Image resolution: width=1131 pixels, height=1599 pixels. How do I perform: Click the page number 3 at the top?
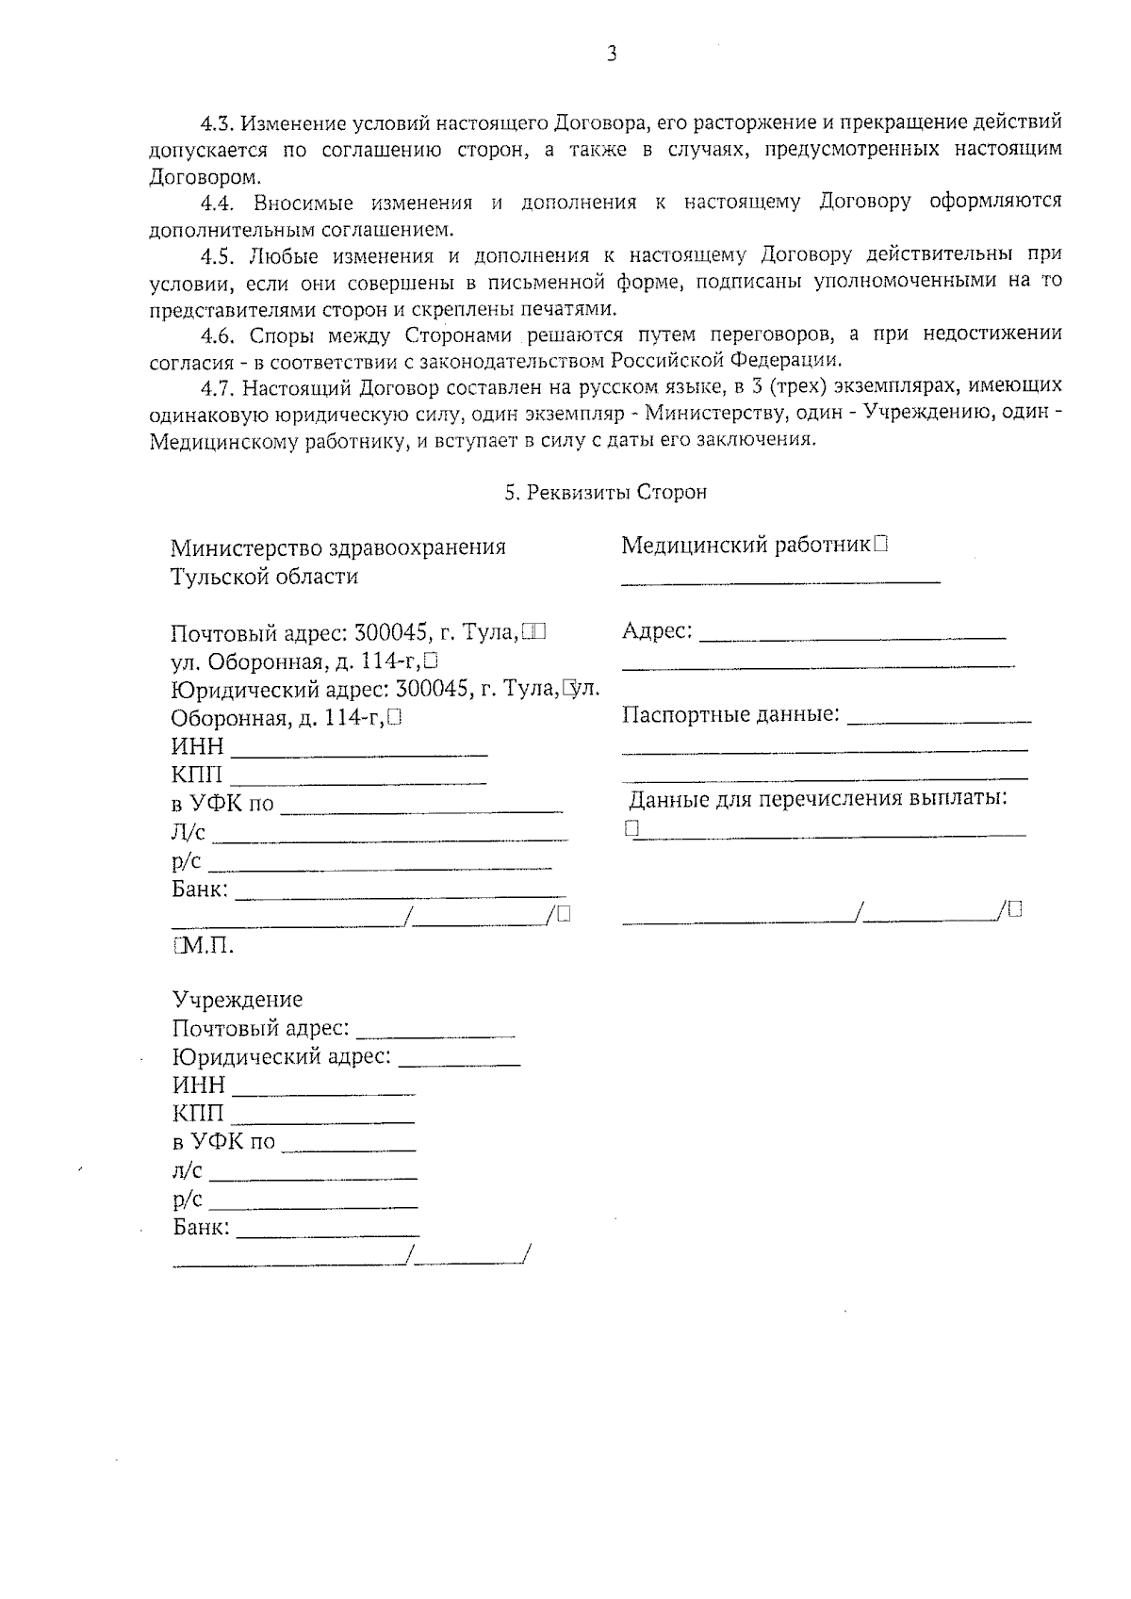(x=612, y=55)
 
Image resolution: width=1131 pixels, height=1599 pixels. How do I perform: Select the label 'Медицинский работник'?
(x=746, y=546)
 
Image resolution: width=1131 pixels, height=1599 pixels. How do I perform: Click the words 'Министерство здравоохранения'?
(x=338, y=547)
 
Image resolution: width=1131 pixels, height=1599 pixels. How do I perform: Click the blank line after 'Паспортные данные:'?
(x=939, y=720)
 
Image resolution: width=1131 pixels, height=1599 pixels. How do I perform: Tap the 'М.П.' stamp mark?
(x=205, y=946)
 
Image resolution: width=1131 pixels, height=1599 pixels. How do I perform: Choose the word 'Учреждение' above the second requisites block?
(x=238, y=1000)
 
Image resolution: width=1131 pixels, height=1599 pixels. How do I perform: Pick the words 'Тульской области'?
(x=264, y=577)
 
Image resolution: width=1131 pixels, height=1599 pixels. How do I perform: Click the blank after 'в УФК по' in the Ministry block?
(x=421, y=808)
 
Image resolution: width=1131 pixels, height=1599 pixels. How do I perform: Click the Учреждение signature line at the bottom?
(x=289, y=1262)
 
